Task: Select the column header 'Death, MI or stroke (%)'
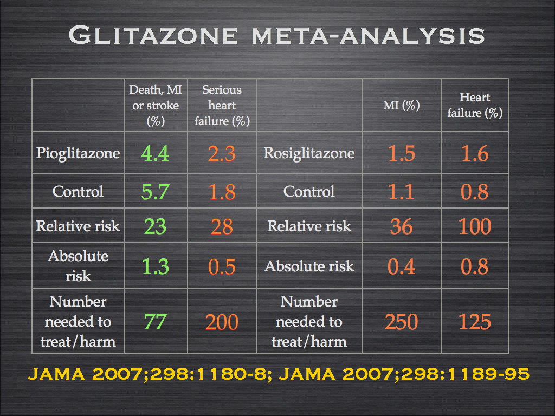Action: (x=156, y=105)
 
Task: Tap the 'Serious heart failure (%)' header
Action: (x=222, y=105)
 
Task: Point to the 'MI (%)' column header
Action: (x=402, y=106)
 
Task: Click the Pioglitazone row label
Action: (x=78, y=153)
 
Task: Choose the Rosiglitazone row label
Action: (x=309, y=153)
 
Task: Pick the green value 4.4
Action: (x=155, y=154)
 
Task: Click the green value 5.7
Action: (x=155, y=192)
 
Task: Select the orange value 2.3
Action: (x=222, y=154)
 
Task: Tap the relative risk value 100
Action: (x=475, y=226)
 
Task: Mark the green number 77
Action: (x=155, y=322)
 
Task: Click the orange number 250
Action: (x=402, y=322)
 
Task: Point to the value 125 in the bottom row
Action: (x=475, y=322)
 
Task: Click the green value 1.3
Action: (x=155, y=266)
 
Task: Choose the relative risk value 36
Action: (x=402, y=226)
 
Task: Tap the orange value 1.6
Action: (x=475, y=154)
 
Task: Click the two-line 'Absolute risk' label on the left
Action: (x=78, y=266)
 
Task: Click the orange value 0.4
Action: (x=402, y=266)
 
